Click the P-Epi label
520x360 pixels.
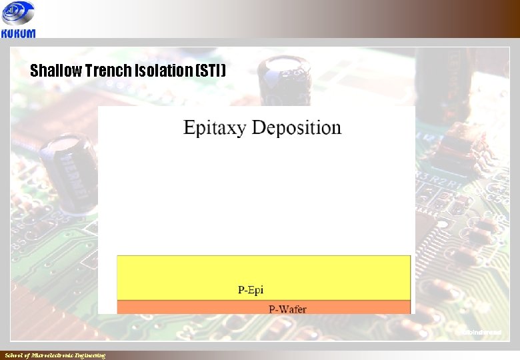251,289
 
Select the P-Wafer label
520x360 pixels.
287,309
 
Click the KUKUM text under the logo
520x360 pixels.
19,33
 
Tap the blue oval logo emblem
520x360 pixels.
18,13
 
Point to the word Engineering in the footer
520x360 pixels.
90,355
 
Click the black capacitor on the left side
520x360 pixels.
67,169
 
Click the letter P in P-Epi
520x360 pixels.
241,289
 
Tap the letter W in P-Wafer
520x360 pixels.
284,309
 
